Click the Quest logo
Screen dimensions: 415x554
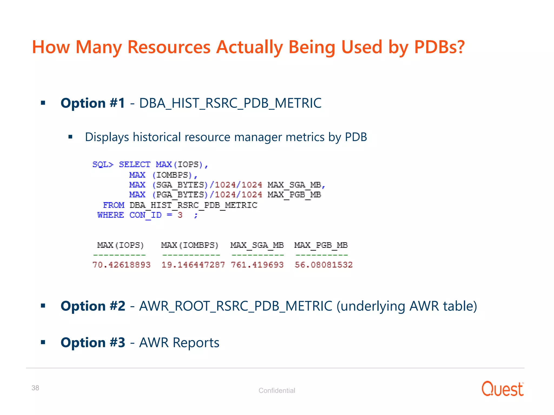(502, 389)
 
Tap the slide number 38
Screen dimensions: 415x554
(35, 388)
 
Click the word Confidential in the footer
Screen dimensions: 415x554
(277, 390)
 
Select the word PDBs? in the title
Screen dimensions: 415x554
(439, 47)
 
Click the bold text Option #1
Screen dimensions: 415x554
(93, 103)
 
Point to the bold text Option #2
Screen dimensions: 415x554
(93, 306)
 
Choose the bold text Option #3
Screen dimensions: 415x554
(93, 343)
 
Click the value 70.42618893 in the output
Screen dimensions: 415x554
(121, 265)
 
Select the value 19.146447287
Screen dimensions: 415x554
(193, 265)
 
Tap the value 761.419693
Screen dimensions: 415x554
(257, 265)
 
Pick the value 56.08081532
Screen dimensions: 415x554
(324, 265)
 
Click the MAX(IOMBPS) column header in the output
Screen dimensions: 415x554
(190, 245)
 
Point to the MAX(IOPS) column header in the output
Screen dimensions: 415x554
(120, 245)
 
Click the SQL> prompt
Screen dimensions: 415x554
(103, 165)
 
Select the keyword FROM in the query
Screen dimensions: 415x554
(114, 205)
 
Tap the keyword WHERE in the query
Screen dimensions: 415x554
(111, 215)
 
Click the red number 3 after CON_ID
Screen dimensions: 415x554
(180, 215)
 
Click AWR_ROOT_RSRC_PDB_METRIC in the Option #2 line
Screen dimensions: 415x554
(235, 306)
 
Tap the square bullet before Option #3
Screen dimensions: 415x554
(43, 342)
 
